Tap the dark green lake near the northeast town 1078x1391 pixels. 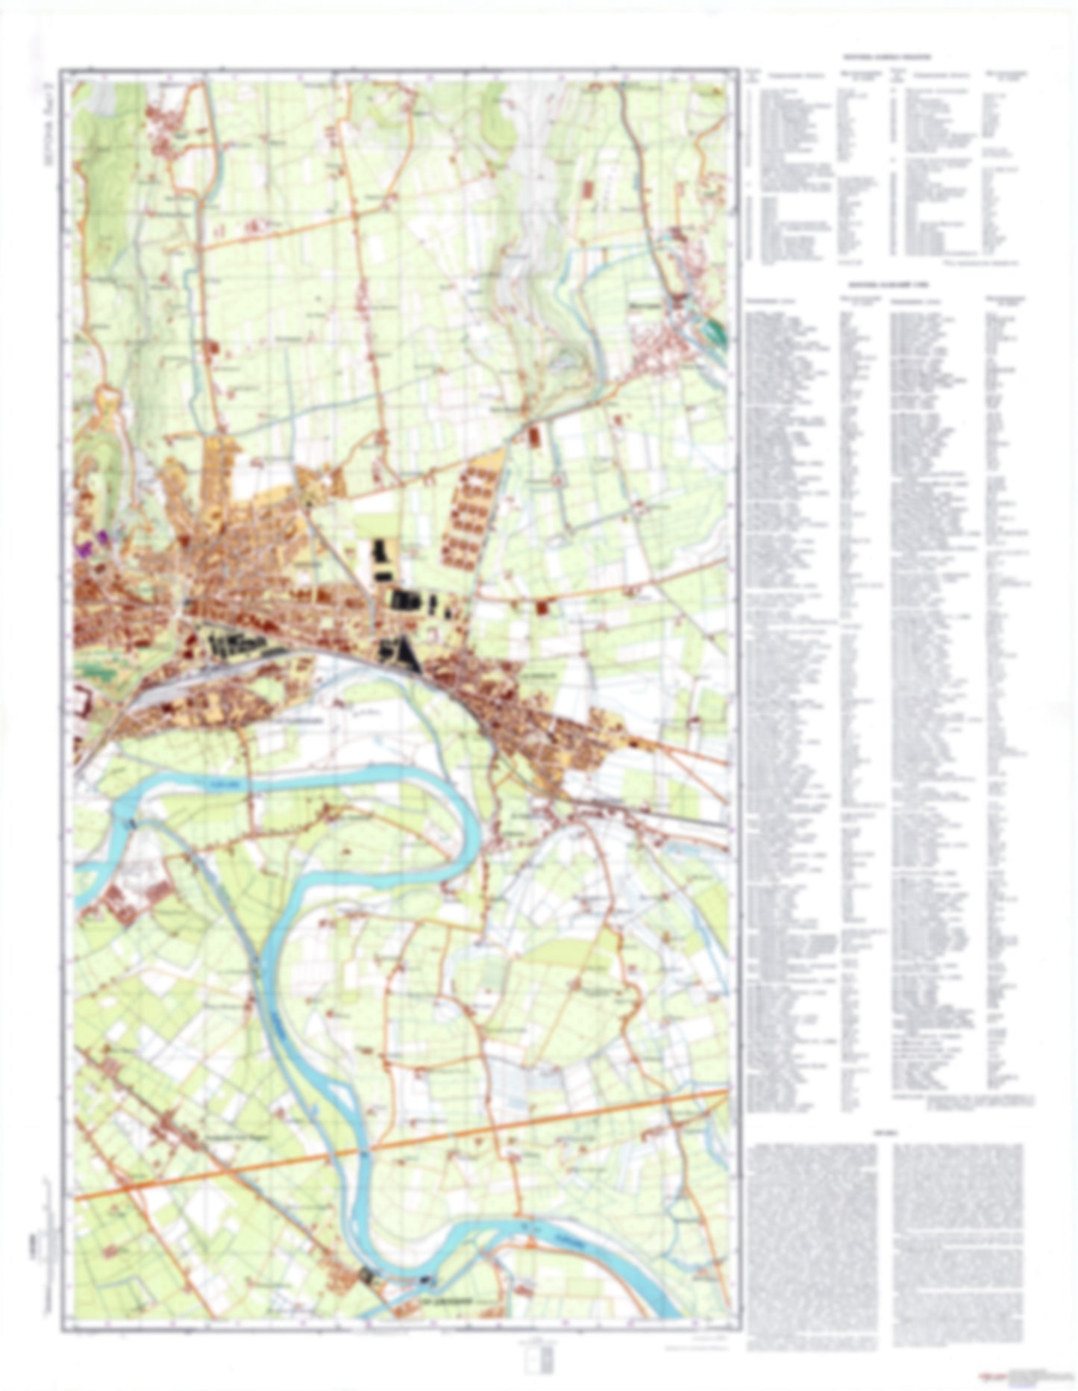pyautogui.click(x=717, y=331)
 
